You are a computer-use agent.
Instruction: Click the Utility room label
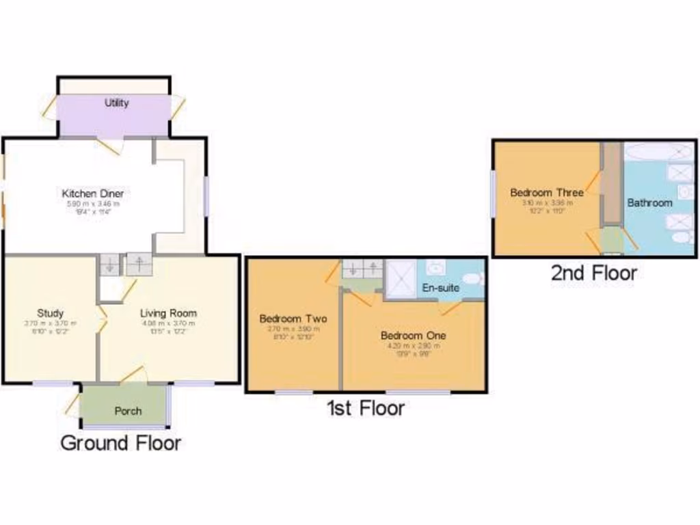[x=116, y=103]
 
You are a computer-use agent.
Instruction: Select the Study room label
[x=50, y=313]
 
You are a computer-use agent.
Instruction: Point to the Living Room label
[x=168, y=313]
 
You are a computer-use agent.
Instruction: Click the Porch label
[x=128, y=411]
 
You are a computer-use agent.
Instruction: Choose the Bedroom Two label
[x=293, y=319]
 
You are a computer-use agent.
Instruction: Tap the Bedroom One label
[x=413, y=336]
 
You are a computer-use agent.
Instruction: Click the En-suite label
[x=440, y=288]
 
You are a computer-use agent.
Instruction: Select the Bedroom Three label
[x=547, y=193]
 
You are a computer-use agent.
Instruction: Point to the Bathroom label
[x=649, y=203]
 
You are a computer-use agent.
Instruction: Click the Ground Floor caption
[x=121, y=443]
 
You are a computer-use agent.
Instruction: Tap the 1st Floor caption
[x=365, y=409]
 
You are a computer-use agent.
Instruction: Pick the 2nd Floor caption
[x=594, y=273]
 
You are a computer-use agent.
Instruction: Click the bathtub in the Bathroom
[x=658, y=151]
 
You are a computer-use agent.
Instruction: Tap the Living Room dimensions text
[x=168, y=327]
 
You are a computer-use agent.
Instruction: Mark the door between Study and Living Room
[x=100, y=319]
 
